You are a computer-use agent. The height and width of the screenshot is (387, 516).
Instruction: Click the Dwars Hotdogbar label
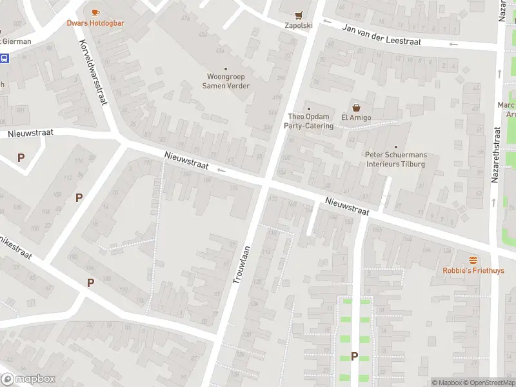[x=95, y=23]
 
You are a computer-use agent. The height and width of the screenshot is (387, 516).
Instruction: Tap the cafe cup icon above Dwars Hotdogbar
[x=95, y=12]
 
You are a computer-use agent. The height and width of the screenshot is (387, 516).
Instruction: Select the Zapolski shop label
[x=299, y=26]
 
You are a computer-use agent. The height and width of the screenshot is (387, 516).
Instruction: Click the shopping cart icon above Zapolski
[x=299, y=15]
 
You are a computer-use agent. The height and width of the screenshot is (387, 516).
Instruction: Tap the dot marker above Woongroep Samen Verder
[x=226, y=69]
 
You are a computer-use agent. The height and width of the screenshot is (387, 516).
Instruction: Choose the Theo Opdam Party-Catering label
[x=310, y=121]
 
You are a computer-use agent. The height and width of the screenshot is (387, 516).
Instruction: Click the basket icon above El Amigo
[x=355, y=108]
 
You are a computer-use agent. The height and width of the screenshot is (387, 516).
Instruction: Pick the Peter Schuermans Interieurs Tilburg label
[x=395, y=159]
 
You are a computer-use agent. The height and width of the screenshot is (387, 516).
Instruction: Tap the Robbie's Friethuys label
[x=473, y=271]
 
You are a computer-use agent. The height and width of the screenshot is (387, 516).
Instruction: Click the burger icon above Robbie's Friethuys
[x=473, y=260]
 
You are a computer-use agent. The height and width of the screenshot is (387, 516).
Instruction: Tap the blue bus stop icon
[x=5, y=58]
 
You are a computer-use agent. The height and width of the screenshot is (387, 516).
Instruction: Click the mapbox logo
[x=28, y=379]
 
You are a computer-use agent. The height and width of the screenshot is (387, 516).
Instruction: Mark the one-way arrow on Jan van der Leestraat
[x=453, y=44]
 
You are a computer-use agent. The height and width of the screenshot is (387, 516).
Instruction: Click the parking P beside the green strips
[x=354, y=356]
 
